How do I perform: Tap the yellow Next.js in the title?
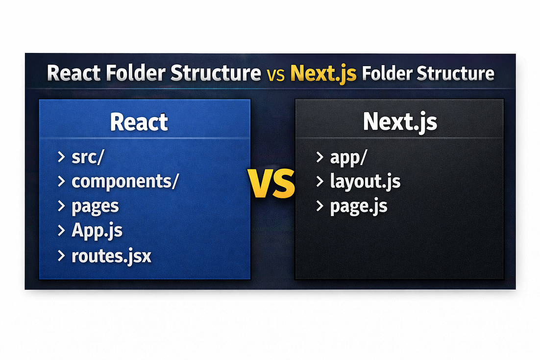(x=323, y=73)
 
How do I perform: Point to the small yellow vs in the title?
(x=275, y=75)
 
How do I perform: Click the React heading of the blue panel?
(x=139, y=122)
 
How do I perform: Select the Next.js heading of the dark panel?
(x=400, y=122)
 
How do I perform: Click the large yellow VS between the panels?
(x=271, y=184)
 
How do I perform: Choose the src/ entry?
(x=88, y=157)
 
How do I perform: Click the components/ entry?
(x=125, y=181)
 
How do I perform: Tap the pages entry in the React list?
(x=95, y=207)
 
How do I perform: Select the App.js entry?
(x=97, y=231)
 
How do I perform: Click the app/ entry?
(x=348, y=157)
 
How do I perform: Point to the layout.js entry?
(x=365, y=181)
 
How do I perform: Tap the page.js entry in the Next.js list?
(x=359, y=207)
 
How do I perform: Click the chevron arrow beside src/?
(x=61, y=157)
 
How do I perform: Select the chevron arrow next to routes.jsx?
(x=61, y=256)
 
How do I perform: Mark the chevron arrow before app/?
(x=319, y=157)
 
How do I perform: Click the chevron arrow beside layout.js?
(x=319, y=181)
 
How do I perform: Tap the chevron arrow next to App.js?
(x=61, y=231)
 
